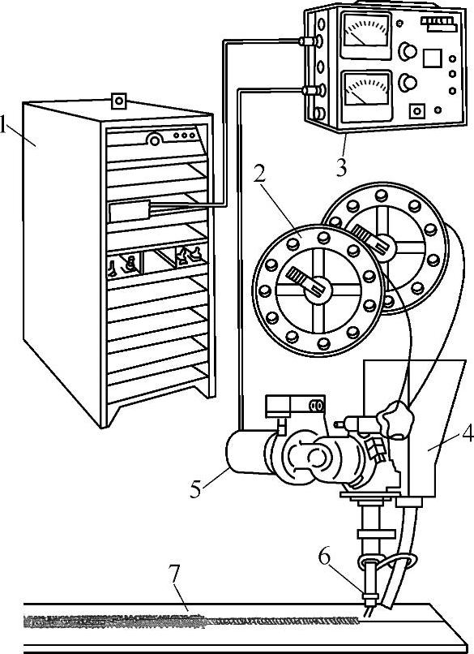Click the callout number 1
pyautogui.click(x=3, y=124)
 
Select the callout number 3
pyautogui.click(x=341, y=168)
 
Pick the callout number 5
pyautogui.click(x=196, y=488)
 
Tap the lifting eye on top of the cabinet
pyautogui.click(x=119, y=101)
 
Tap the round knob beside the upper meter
pyautogui.click(x=408, y=51)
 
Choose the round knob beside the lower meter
pyautogui.click(x=408, y=82)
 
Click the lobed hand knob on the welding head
pyautogui.click(x=395, y=420)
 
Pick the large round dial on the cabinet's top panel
pyautogui.click(x=155, y=140)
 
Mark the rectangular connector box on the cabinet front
pyautogui.click(x=129, y=212)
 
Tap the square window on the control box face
pyautogui.click(x=433, y=58)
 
